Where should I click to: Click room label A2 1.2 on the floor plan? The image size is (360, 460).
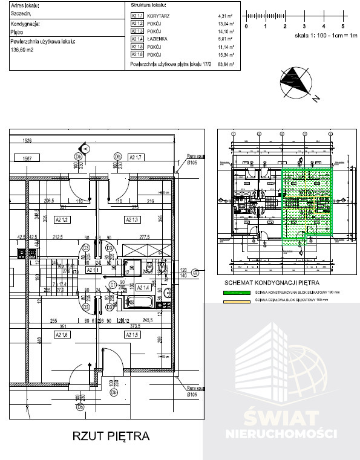[62, 219]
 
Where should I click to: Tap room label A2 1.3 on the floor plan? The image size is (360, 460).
[132, 219]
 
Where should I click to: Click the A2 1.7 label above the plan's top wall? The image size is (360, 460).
[135, 157]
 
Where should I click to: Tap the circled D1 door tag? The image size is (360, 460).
[112, 284]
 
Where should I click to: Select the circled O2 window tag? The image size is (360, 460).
[195, 273]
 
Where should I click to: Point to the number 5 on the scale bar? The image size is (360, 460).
[342, 27]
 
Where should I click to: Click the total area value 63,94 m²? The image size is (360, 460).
[224, 63]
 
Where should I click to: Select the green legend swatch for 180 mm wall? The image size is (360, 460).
[232, 291]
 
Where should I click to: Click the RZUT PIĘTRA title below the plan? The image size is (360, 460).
[110, 435]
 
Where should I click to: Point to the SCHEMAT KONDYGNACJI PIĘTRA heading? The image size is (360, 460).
[270, 282]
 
